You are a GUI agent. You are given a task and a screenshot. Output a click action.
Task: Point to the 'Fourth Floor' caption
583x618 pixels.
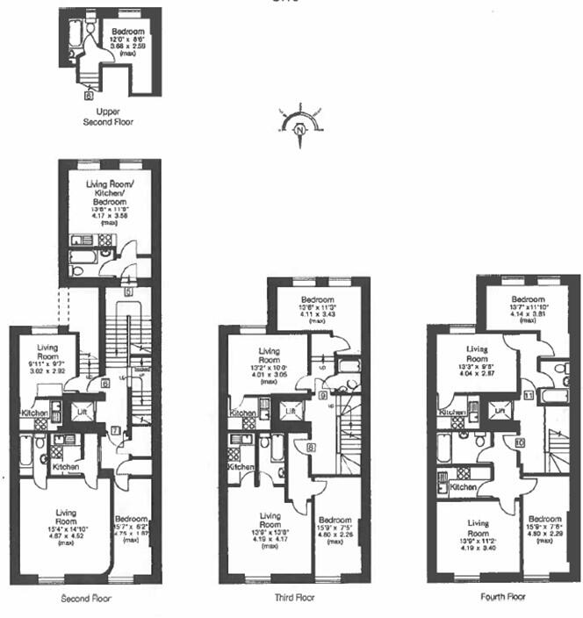coord(504,597)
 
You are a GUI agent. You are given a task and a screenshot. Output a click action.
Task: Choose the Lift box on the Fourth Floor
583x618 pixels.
coord(500,408)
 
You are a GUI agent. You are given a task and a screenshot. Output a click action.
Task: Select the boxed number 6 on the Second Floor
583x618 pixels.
coord(104,383)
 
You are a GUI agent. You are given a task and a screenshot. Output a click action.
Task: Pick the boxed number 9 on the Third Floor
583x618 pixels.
coord(323,397)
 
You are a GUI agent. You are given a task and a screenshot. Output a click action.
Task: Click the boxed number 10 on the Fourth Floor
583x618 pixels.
coord(520,443)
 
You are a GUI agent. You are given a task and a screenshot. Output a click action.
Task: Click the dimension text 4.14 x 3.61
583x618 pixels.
coord(527,314)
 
